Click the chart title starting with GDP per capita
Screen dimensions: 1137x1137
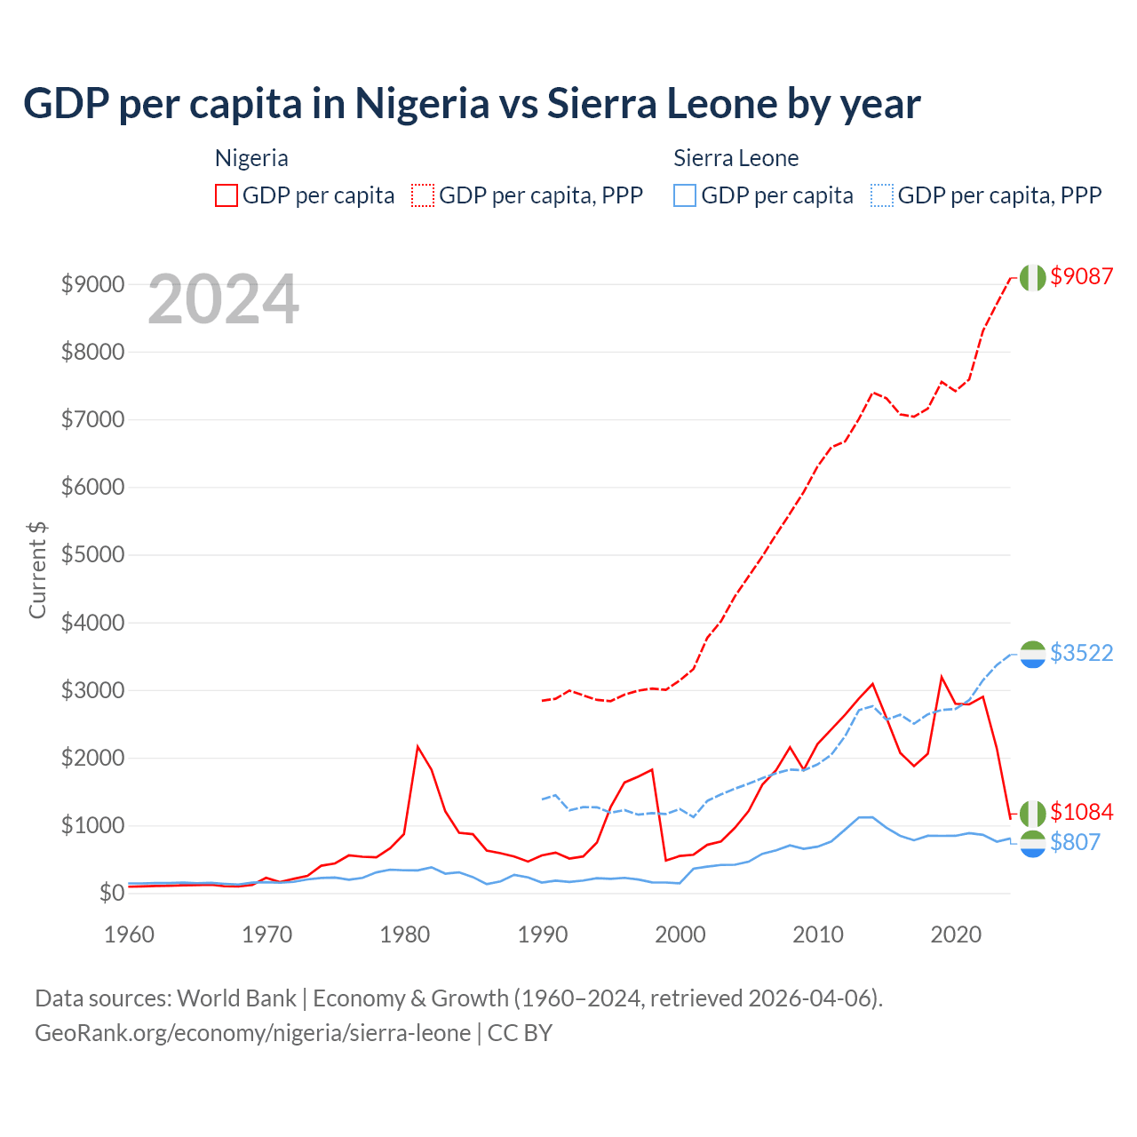(472, 104)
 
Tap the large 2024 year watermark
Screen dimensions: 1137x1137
(223, 299)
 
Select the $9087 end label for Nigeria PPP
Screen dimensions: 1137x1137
(1081, 276)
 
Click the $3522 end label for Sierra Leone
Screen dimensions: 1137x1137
(1081, 653)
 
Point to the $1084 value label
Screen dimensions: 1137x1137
(1081, 812)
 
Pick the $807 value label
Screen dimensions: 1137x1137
(1075, 842)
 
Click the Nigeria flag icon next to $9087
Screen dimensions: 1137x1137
(1032, 277)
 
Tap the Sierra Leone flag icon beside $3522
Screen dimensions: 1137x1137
(1032, 654)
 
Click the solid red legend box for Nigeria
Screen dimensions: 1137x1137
(227, 195)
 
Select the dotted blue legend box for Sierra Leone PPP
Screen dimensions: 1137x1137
(882, 195)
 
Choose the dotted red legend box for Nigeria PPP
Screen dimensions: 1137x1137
(423, 195)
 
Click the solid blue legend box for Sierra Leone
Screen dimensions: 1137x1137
(685, 195)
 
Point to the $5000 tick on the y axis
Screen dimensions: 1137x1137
(92, 555)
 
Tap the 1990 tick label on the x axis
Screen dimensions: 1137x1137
(543, 934)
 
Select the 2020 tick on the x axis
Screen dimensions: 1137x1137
(956, 934)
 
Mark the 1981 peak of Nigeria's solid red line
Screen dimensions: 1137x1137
(417, 746)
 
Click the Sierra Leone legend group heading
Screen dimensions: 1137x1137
(735, 158)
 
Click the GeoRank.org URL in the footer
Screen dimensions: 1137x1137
(253, 1033)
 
